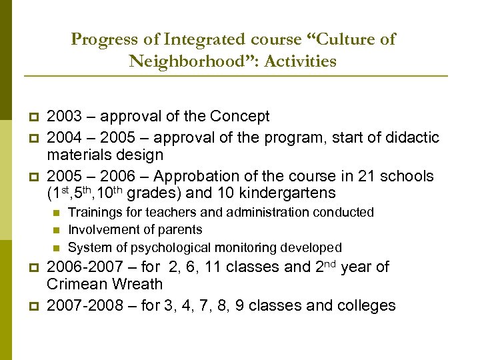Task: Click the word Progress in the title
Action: coord(102,39)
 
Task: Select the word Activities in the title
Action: coord(300,62)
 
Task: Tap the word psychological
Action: coord(165,247)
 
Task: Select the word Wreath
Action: coord(139,285)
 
